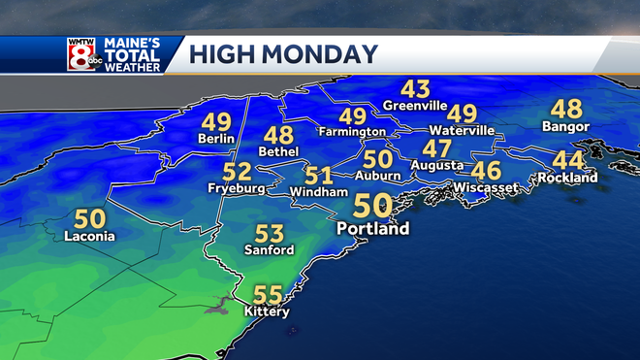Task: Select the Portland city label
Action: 372,229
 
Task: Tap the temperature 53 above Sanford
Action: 270,234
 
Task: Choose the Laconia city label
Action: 89,236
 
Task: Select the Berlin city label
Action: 215,139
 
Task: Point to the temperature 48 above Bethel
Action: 278,135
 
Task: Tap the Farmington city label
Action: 352,131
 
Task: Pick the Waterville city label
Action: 463,130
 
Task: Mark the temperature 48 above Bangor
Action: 566,109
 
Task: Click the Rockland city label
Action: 569,179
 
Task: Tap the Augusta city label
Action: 436,166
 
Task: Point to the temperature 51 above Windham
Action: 319,177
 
